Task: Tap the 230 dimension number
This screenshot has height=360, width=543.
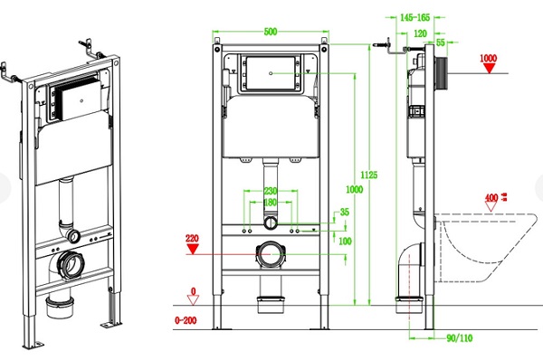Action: pyautogui.click(x=271, y=190)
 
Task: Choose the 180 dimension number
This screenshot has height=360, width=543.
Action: pyautogui.click(x=271, y=203)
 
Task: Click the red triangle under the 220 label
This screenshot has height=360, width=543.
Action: pyautogui.click(x=192, y=252)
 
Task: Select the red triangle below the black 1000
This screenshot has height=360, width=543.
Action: pyautogui.click(x=490, y=70)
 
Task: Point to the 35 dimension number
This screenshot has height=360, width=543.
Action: pyautogui.click(x=343, y=213)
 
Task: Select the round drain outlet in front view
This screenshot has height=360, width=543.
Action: pyautogui.click(x=271, y=254)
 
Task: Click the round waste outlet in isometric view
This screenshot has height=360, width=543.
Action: pyautogui.click(x=71, y=264)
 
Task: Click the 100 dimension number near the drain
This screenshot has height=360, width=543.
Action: pyautogui.click(x=343, y=240)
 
